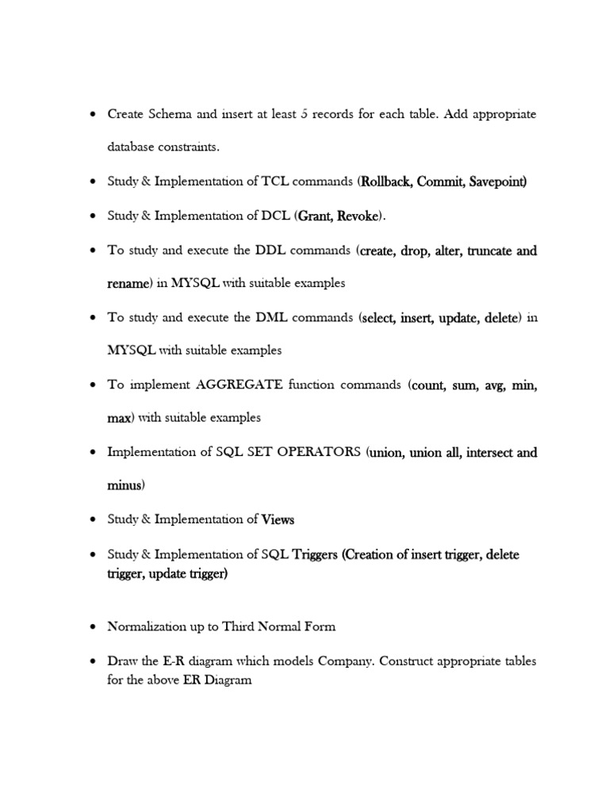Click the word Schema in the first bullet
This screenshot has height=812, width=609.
coord(168,114)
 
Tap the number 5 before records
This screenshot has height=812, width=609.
coord(304,114)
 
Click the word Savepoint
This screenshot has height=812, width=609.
coord(496,182)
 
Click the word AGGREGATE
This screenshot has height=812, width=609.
coord(239,385)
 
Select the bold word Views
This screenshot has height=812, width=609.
coord(278,520)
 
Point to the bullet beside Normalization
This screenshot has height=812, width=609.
coord(91,626)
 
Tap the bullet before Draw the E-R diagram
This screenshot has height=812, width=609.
coord(91,661)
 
